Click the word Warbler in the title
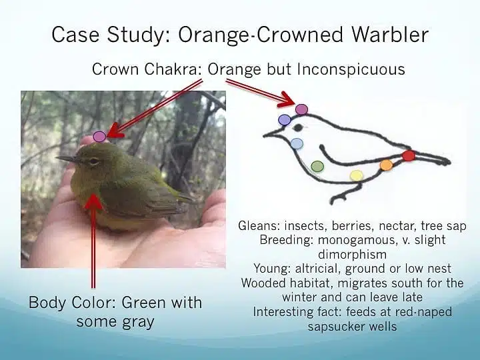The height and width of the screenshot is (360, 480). click(390, 34)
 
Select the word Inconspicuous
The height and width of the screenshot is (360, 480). click(351, 69)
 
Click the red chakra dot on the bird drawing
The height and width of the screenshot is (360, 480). click(409, 155)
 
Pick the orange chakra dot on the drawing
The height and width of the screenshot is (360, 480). click(386, 165)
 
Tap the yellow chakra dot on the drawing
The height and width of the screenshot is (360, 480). click(356, 176)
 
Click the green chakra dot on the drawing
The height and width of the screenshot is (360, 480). click(317, 166)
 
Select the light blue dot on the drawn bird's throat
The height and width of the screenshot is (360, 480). click(297, 143)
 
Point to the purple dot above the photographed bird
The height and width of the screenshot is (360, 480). click(99, 136)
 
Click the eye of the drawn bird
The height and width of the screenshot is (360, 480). click(298, 127)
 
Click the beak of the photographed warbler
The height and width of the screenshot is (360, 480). click(67, 159)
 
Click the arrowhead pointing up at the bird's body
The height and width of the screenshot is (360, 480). click(93, 202)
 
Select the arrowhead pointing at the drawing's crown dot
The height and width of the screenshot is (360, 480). click(288, 100)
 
